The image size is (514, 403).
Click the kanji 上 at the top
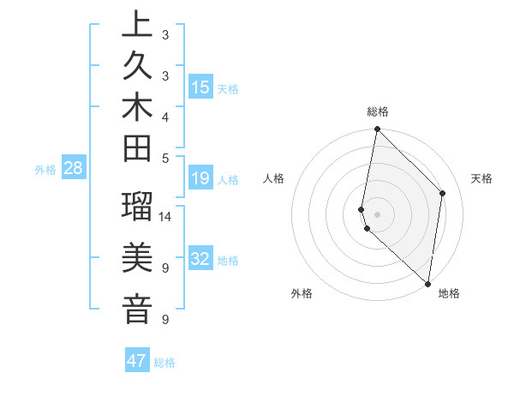(x=137, y=26)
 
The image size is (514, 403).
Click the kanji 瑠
(x=137, y=208)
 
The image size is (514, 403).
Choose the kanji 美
(x=137, y=257)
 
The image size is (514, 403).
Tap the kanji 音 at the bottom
(x=137, y=309)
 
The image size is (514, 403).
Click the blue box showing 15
(x=200, y=87)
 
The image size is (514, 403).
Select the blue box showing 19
(x=200, y=179)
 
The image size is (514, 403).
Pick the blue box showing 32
(x=200, y=260)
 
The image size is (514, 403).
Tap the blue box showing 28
(x=74, y=168)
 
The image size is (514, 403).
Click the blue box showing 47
(x=137, y=361)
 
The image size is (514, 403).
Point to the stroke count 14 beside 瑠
(x=165, y=216)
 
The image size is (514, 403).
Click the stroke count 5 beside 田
(x=165, y=157)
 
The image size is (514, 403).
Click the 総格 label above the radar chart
(x=378, y=111)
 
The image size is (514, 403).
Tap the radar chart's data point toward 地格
(x=427, y=284)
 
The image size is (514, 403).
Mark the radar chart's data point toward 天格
(x=443, y=193)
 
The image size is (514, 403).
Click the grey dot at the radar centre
(x=378, y=214)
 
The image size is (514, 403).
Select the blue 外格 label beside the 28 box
(x=45, y=170)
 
